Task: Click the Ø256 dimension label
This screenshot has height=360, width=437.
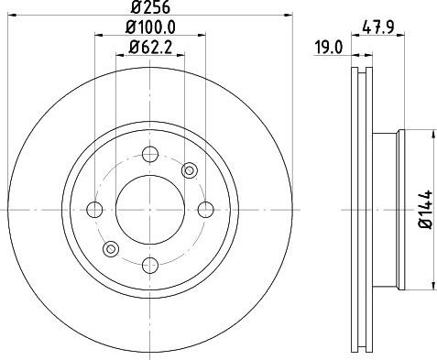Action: [x=150, y=7]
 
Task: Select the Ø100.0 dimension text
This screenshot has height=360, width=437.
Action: [x=150, y=28]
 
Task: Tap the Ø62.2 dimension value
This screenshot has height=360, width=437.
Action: [x=150, y=48]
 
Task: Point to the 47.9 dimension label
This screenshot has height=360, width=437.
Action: [x=378, y=27]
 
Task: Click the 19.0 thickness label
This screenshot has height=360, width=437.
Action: [x=329, y=48]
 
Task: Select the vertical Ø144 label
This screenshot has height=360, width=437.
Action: [x=426, y=209]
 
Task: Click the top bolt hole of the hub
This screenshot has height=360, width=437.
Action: [x=150, y=154]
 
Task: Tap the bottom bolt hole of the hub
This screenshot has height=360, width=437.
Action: [x=150, y=265]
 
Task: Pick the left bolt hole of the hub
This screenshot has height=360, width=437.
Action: [x=94, y=210]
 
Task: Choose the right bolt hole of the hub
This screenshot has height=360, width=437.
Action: [x=205, y=210]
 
